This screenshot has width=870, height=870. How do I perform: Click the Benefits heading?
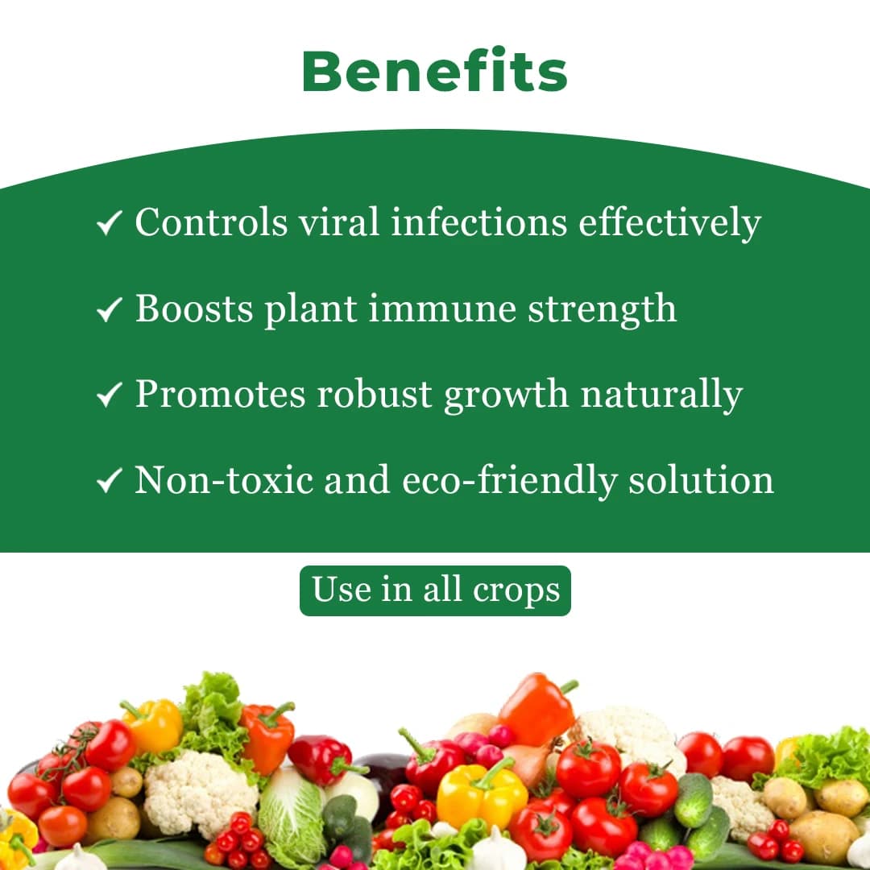click(x=435, y=71)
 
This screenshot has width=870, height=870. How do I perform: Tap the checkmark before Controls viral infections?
click(x=109, y=223)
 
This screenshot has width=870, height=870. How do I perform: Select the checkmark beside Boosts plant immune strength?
click(x=109, y=309)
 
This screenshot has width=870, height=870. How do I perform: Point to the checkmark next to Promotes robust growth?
click(x=109, y=395)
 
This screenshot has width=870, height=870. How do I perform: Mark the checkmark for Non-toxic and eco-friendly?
click(x=109, y=481)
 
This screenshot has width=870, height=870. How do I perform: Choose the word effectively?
click(x=669, y=223)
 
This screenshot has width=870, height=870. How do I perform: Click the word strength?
click(x=602, y=309)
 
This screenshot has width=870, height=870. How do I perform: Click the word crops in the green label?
click(x=516, y=590)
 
